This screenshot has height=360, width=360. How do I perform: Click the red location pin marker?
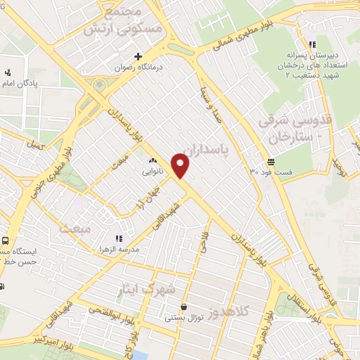point(181,166)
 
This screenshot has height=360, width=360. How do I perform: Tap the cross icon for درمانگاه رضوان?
point(139,56)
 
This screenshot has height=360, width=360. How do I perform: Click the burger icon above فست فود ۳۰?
point(271,160)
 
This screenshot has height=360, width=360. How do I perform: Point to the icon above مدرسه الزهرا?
point(119,238)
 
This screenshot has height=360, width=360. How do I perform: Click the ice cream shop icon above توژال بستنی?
point(184,307)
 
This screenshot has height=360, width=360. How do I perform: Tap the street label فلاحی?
point(202,242)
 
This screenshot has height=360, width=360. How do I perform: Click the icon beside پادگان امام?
point(8,72)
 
